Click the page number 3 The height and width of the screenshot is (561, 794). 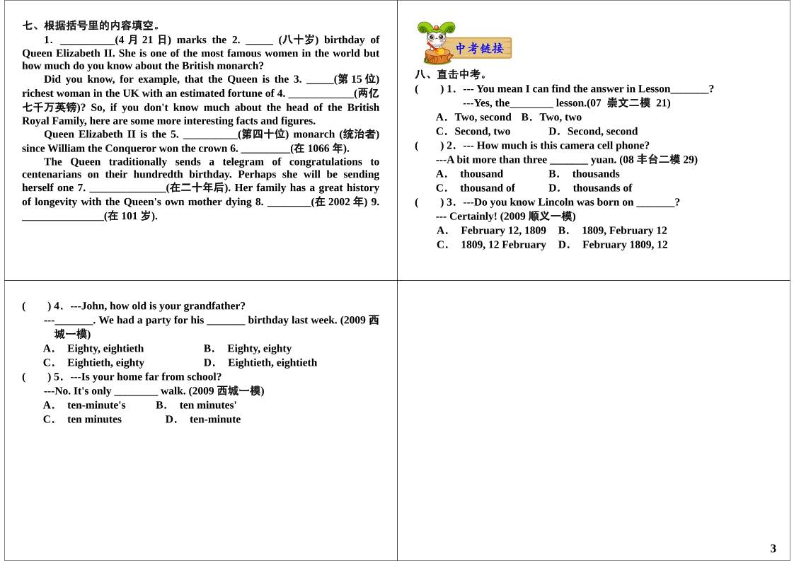pos(773,548)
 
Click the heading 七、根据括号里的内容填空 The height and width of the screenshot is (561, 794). pos(91,25)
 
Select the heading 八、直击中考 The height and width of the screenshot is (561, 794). pos(451,74)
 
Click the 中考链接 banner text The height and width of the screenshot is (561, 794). pos(479,48)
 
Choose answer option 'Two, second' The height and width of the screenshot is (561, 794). pos(483,117)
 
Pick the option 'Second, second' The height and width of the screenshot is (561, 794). pos(602,131)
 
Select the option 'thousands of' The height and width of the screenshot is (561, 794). pos(602,187)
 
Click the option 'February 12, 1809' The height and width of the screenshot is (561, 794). pos(503,230)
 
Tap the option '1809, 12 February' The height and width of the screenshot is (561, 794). pos(503,244)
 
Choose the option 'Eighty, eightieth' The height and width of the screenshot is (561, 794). pos(105,348)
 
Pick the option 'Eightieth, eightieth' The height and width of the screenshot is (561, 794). pos(272,362)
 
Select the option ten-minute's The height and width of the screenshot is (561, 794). pos(96,405)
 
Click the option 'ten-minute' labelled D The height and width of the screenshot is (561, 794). pos(215,419)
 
